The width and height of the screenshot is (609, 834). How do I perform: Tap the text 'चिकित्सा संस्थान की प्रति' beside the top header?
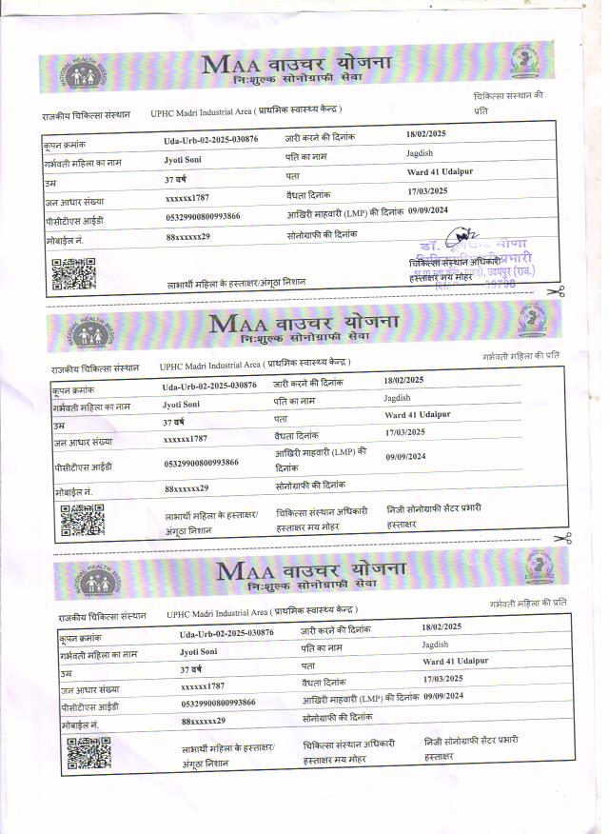click(x=508, y=103)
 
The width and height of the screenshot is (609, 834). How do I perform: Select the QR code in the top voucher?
click(x=73, y=273)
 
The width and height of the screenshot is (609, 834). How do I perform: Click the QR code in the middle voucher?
click(x=83, y=520)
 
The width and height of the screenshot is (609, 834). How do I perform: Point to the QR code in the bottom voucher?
click(x=88, y=753)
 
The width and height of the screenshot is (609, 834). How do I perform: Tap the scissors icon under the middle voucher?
click(x=562, y=539)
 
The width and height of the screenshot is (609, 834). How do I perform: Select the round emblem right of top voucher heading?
click(x=523, y=62)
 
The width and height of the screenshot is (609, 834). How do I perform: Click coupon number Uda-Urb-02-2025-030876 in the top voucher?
click(x=210, y=139)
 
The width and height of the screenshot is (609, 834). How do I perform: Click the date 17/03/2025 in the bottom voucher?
click(x=442, y=678)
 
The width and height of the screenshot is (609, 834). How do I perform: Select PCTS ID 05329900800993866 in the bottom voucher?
click(x=217, y=702)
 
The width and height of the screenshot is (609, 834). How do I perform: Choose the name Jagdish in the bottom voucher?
click(x=436, y=645)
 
